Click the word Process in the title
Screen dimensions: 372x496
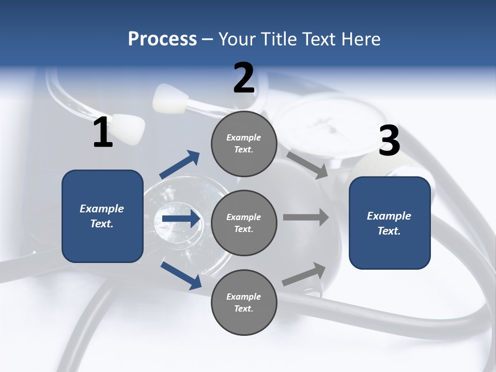click(x=162, y=39)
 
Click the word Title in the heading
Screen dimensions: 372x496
click(x=277, y=39)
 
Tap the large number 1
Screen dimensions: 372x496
click(x=103, y=133)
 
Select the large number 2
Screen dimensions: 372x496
click(x=244, y=78)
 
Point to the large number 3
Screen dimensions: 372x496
click(x=389, y=141)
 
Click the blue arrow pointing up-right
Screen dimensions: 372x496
click(x=180, y=165)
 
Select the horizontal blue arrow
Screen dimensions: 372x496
click(x=180, y=219)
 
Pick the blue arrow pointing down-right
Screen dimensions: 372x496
click(x=181, y=275)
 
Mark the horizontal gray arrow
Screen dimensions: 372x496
click(x=306, y=217)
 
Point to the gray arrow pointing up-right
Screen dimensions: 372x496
click(x=304, y=274)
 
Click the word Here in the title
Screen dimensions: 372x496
click(x=361, y=39)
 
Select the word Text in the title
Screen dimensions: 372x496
click(x=318, y=39)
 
